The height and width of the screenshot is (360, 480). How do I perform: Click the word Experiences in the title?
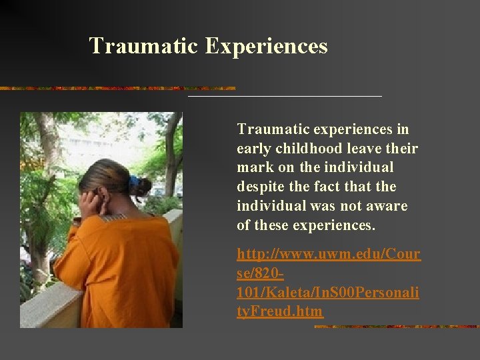(x=266, y=47)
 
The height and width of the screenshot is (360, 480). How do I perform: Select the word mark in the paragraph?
(x=253, y=167)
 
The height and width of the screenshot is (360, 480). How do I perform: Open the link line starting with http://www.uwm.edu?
(x=329, y=255)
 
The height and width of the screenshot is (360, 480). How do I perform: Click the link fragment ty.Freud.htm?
(x=280, y=311)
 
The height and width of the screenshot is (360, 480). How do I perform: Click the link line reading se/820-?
(x=261, y=273)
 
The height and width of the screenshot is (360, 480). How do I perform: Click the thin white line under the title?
(x=285, y=97)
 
